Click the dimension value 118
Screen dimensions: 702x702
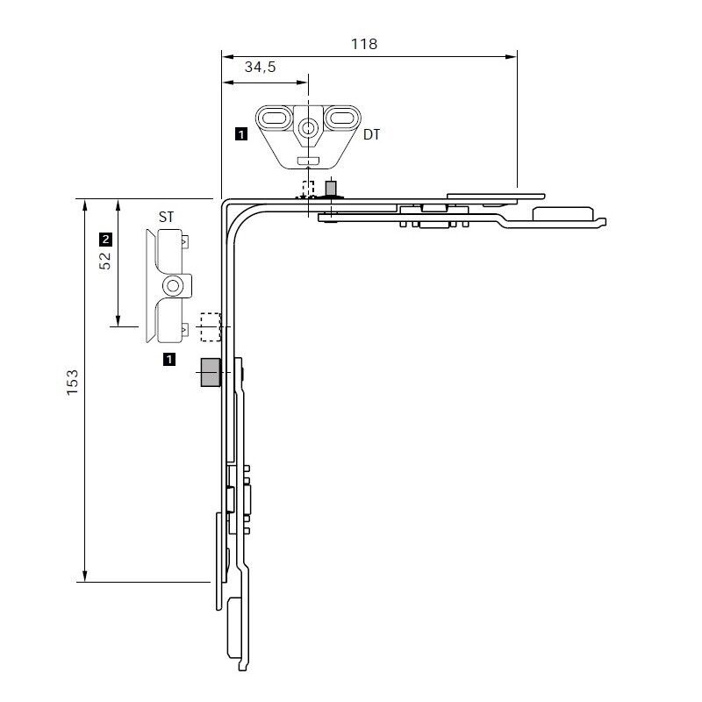coord(365,44)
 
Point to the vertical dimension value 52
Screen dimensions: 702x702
coord(106,261)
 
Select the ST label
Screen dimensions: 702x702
coord(165,216)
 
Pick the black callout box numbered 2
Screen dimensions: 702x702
coord(106,238)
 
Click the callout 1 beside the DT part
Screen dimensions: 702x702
coord(241,134)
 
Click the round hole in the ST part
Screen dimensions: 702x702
coord(174,285)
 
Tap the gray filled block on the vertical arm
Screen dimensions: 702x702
coord(210,372)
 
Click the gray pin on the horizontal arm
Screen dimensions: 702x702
coord(332,188)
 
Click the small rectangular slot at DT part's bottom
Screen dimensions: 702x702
coord(307,160)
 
